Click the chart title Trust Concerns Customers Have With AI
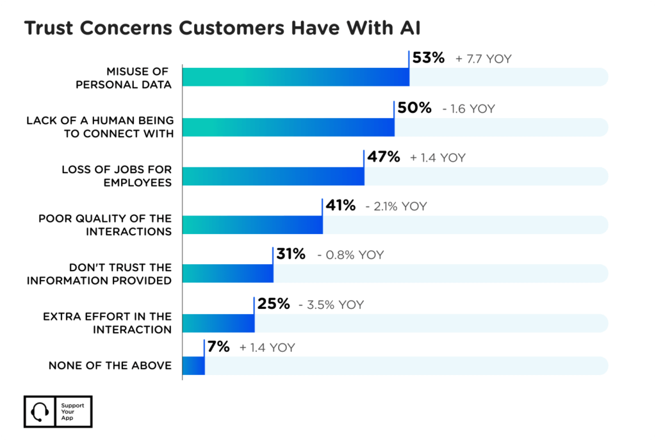223,29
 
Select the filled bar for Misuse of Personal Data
295,77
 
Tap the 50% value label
414,108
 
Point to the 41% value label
340,206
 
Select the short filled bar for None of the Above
193,365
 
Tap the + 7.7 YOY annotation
484,59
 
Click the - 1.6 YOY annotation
468,109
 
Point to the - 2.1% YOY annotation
395,206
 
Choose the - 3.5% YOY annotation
331,304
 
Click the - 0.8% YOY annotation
350,255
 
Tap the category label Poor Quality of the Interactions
105,224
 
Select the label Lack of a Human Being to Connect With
99,127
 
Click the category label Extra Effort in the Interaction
107,323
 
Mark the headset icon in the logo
40,412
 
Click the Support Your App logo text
67,412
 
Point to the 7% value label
218,347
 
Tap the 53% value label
428,58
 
